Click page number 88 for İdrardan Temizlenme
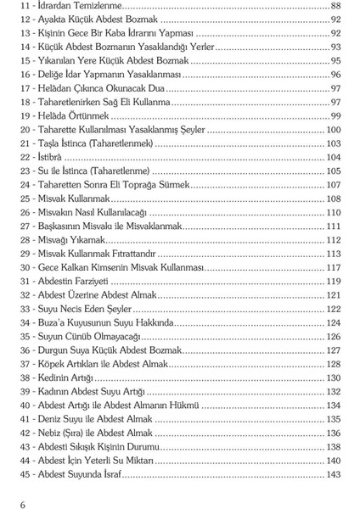tap(335, 5)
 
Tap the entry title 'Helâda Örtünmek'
tap(72, 115)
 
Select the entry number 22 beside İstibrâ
tap(25, 157)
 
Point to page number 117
tap(333, 267)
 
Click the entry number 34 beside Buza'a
tap(25, 322)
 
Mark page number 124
tap(333, 322)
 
